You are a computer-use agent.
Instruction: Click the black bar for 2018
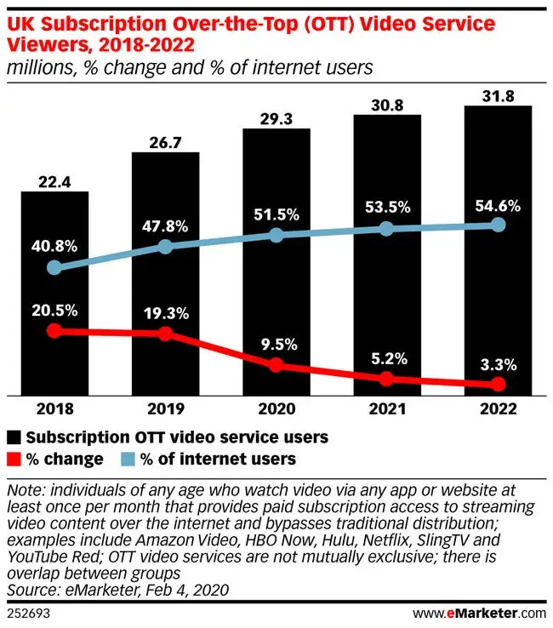tap(54, 294)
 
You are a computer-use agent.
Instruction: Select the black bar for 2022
tap(499, 251)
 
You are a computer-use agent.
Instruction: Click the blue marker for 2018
tap(54, 267)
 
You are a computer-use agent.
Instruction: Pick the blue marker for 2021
tap(387, 228)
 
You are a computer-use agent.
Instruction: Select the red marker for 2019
tap(165, 334)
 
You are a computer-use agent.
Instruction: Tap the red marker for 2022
tap(499, 385)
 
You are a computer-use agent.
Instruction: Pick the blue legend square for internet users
tap(126, 460)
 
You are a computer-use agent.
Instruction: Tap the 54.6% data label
tap(499, 204)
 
